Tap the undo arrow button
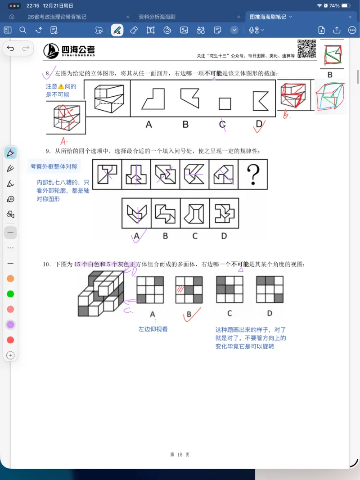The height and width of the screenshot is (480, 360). pyautogui.click(x=11, y=48)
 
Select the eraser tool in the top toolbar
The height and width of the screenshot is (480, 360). pyautogui.click(x=134, y=30)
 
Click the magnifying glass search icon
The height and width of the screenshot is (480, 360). pyautogui.click(x=23, y=30)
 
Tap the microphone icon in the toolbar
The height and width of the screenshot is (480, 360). pyautogui.click(x=253, y=30)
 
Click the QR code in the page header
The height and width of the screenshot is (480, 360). pyautogui.click(x=306, y=49)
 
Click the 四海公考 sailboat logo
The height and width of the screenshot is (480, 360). pyautogui.click(x=51, y=51)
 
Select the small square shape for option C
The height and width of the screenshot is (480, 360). pyautogui.click(x=225, y=104)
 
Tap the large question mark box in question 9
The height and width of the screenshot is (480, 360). pyautogui.click(x=253, y=174)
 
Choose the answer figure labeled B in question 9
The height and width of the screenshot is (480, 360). pyautogui.click(x=165, y=213)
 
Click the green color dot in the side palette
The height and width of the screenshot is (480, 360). pyautogui.click(x=10, y=294)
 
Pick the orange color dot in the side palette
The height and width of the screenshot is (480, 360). pyautogui.click(x=10, y=278)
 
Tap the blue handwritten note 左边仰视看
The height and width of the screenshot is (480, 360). pyautogui.click(x=153, y=329)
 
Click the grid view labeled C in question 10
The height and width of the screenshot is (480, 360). pyautogui.click(x=229, y=289)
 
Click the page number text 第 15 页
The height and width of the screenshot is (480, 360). pyautogui.click(x=180, y=442)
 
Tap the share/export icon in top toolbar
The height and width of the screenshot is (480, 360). pyautogui.click(x=337, y=30)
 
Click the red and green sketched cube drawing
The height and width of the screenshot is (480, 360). pyautogui.click(x=331, y=97)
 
